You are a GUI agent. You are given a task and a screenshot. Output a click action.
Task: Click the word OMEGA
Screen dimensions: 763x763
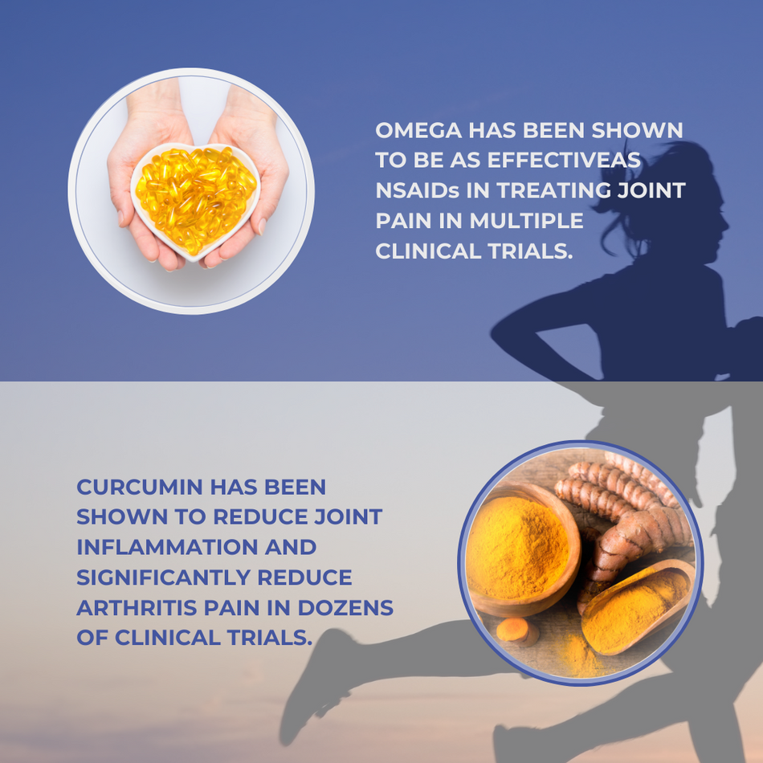pyautogui.click(x=418, y=130)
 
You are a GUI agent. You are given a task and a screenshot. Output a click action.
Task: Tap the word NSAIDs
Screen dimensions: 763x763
pyautogui.click(x=417, y=191)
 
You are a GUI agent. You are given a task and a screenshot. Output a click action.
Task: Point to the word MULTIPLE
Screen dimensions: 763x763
pyautogui.click(x=526, y=221)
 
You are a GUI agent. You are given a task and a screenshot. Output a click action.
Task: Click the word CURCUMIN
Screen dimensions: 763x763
pyautogui.click(x=140, y=487)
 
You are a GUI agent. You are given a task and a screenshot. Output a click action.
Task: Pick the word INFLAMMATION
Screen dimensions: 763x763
pyautogui.click(x=167, y=548)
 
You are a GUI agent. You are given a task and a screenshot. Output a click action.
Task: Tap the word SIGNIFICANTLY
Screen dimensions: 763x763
pyautogui.click(x=163, y=577)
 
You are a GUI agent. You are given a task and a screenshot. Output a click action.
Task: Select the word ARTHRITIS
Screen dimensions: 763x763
pyautogui.click(x=137, y=608)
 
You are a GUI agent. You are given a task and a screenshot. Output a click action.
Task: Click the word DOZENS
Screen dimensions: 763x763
pyautogui.click(x=345, y=608)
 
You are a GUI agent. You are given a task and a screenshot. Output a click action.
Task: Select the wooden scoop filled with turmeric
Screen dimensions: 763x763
pyautogui.click(x=635, y=606)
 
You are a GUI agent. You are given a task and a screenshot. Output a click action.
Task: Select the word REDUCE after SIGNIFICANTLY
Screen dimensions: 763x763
pyautogui.click(x=304, y=577)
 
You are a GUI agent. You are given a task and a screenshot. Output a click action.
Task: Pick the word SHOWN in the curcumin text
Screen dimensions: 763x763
pyautogui.click(x=121, y=517)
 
